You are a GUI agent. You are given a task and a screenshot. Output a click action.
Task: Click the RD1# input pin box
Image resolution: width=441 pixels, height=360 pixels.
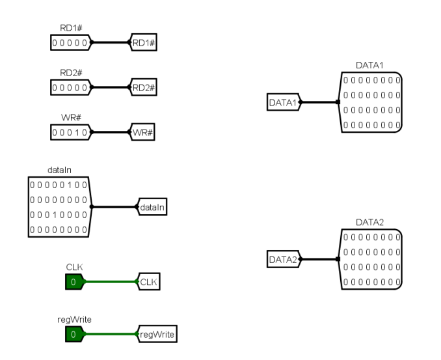[x=71, y=42]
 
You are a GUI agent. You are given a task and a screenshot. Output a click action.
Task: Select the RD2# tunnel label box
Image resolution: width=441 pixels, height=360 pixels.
[x=144, y=87]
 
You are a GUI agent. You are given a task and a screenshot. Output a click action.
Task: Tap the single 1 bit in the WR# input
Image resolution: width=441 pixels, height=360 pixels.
[x=77, y=132]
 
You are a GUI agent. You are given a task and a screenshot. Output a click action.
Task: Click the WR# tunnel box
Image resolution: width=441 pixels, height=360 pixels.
[x=142, y=132]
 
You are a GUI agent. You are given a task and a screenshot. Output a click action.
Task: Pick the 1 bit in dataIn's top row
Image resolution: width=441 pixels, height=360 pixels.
[x=70, y=185]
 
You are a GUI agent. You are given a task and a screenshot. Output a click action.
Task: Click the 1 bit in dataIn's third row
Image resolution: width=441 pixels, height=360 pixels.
[x=55, y=215]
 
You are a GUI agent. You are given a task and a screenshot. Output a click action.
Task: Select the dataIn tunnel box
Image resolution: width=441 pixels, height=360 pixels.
[x=152, y=207]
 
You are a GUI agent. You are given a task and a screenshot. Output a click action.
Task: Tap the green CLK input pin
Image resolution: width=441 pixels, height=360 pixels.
[x=75, y=281]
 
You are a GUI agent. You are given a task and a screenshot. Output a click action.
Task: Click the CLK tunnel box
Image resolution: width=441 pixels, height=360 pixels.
[x=148, y=281]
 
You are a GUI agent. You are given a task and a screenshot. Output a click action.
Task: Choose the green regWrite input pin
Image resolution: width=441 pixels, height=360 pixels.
[x=75, y=334]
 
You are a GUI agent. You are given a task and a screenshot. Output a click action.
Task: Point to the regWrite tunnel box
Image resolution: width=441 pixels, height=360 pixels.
[x=157, y=334]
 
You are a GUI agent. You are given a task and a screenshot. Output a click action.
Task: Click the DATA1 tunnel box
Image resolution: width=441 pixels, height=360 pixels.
[x=284, y=102]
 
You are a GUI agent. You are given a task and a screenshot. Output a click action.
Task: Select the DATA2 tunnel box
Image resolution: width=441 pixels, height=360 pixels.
[x=284, y=259]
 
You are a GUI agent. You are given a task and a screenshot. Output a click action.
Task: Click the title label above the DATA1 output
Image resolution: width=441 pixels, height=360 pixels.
[x=369, y=65]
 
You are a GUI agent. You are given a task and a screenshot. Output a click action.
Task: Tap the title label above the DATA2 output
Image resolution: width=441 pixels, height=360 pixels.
[x=369, y=223]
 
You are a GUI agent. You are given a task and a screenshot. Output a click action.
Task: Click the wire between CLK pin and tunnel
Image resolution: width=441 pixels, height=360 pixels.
[x=111, y=281]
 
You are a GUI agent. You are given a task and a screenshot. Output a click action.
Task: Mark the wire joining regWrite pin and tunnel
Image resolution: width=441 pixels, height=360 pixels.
[x=111, y=334]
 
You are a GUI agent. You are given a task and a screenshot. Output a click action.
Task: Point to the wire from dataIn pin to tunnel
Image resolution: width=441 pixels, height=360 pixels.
[x=114, y=207]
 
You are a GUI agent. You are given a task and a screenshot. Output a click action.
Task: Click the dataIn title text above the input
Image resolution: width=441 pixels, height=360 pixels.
[x=59, y=170]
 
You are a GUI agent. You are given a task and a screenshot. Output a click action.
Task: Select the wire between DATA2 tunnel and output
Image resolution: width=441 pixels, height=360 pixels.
[x=319, y=259]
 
